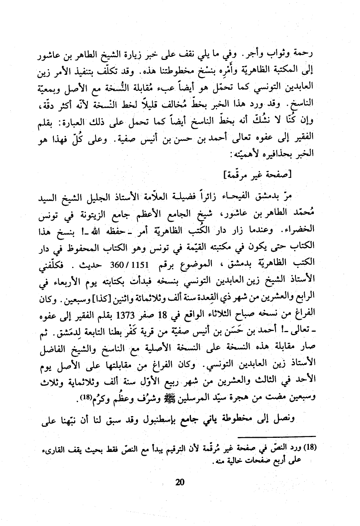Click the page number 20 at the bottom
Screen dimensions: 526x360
pyautogui.click(x=180, y=482)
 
